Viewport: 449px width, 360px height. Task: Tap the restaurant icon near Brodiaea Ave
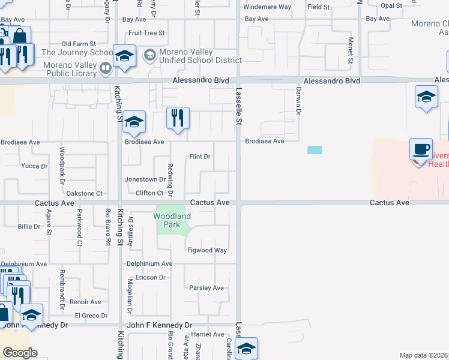pos(177,117)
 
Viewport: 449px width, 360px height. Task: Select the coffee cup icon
pos(421,148)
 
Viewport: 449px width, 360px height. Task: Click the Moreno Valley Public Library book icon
pos(105,68)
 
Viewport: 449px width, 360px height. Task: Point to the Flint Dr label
pos(200,157)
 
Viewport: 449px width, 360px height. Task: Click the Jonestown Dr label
pos(145,179)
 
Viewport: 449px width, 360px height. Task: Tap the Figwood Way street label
pos(207,250)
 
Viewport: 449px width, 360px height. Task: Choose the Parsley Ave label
pos(206,288)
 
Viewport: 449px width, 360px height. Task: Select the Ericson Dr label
pos(149,278)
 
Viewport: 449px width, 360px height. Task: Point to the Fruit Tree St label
pos(146,33)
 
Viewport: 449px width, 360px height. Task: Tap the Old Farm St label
pos(79,44)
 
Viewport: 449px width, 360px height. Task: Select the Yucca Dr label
pos(34,166)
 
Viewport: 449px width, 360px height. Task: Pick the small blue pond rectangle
pos(314,150)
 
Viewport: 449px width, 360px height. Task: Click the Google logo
pos(20,353)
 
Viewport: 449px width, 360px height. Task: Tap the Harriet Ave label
pos(208,334)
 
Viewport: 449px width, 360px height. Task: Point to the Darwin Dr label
pos(297,98)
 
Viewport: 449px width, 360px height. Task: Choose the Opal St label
pos(391,5)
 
